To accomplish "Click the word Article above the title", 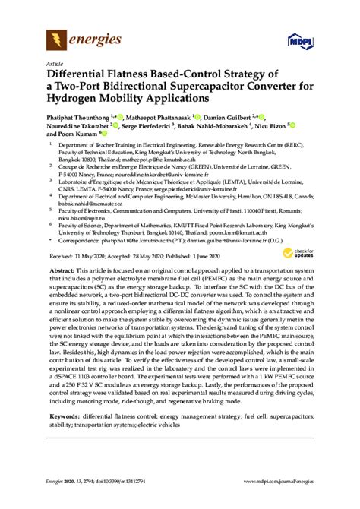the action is (55, 65).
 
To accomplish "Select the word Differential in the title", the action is (83, 75).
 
